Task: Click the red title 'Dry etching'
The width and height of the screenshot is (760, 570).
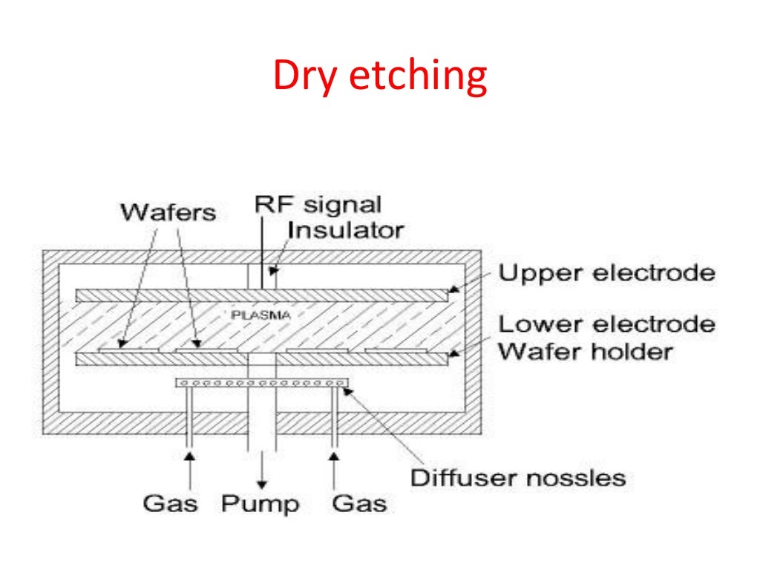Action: tap(379, 76)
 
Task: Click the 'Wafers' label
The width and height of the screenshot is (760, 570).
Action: tap(168, 213)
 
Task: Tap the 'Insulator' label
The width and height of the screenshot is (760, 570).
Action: tap(345, 229)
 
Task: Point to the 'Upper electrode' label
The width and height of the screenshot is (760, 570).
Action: tap(606, 273)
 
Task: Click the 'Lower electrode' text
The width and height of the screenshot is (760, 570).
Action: tap(606, 324)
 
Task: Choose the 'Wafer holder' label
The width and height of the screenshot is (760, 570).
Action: tap(585, 350)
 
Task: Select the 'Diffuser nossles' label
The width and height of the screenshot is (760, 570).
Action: tap(518, 476)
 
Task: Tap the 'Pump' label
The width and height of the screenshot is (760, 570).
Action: tap(260, 504)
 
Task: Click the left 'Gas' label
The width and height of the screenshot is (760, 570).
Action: tap(170, 504)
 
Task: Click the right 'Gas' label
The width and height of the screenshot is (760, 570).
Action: tap(359, 504)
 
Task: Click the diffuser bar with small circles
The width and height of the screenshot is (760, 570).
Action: tap(261, 383)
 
